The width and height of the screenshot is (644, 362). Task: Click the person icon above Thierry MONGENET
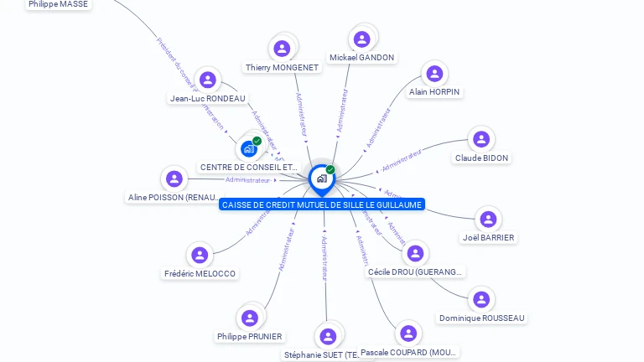(283, 49)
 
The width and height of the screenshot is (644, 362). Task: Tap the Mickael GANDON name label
(361, 58)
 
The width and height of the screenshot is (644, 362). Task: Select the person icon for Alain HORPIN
(434, 74)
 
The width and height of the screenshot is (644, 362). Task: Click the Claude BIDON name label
(481, 158)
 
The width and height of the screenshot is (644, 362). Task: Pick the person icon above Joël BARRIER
(488, 220)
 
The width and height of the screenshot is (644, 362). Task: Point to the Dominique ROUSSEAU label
(481, 318)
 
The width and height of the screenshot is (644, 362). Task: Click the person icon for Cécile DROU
(415, 253)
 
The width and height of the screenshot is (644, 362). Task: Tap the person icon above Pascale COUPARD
(408, 334)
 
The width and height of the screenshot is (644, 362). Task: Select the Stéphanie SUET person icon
(328, 336)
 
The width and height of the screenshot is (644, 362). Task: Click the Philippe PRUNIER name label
(250, 336)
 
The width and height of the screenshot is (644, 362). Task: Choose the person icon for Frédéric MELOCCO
(200, 255)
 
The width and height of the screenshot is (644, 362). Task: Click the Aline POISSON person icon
(174, 178)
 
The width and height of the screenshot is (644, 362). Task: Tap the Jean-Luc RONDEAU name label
(208, 98)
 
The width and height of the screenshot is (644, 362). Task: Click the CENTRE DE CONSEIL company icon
(248, 148)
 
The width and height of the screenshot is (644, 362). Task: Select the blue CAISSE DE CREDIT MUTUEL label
(322, 204)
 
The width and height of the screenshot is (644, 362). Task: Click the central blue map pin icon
(321, 178)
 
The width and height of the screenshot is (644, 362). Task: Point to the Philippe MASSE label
(58, 4)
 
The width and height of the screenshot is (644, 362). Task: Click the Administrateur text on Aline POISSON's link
(248, 179)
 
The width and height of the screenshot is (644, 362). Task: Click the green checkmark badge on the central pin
(330, 169)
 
